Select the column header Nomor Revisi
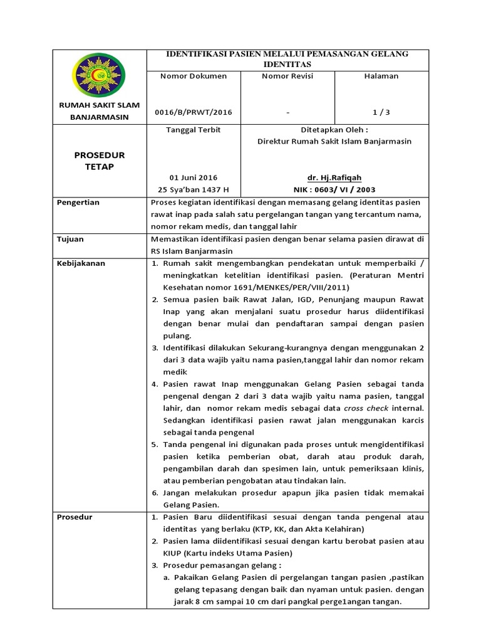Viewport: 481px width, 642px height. pyautogui.click(x=287, y=76)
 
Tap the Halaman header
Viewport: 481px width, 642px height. pyautogui.click(x=381, y=76)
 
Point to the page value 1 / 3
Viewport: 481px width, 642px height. pyautogui.click(x=381, y=112)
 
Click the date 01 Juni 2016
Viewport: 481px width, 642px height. pyautogui.click(x=194, y=177)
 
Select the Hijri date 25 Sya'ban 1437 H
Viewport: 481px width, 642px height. pyautogui.click(x=194, y=189)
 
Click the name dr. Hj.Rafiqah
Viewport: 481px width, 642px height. pyautogui.click(x=334, y=177)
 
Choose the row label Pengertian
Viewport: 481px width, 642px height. pyautogui.click(x=78, y=203)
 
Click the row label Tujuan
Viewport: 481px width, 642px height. pyautogui.click(x=70, y=239)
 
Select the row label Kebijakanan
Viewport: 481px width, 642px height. pyautogui.click(x=81, y=263)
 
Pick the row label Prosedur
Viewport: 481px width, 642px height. pyautogui.click(x=75, y=517)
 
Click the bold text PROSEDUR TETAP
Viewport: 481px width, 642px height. pyautogui.click(x=99, y=160)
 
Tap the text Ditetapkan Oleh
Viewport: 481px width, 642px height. pyautogui.click(x=334, y=129)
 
